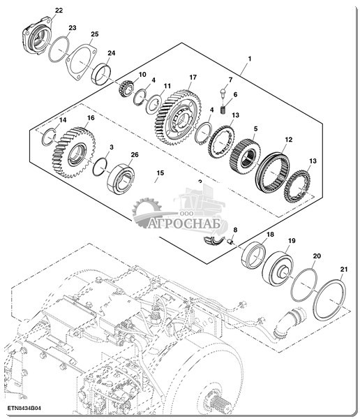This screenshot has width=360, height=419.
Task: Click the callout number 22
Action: [59, 10]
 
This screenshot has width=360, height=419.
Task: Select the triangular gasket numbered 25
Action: [82, 62]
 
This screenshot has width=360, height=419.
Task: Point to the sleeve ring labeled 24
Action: [101, 73]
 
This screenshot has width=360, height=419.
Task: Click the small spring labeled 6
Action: [223, 110]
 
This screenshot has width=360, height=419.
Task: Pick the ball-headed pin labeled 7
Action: [223, 93]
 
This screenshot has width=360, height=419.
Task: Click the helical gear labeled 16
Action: [74, 152]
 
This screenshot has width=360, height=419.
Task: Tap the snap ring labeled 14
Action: [49, 137]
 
